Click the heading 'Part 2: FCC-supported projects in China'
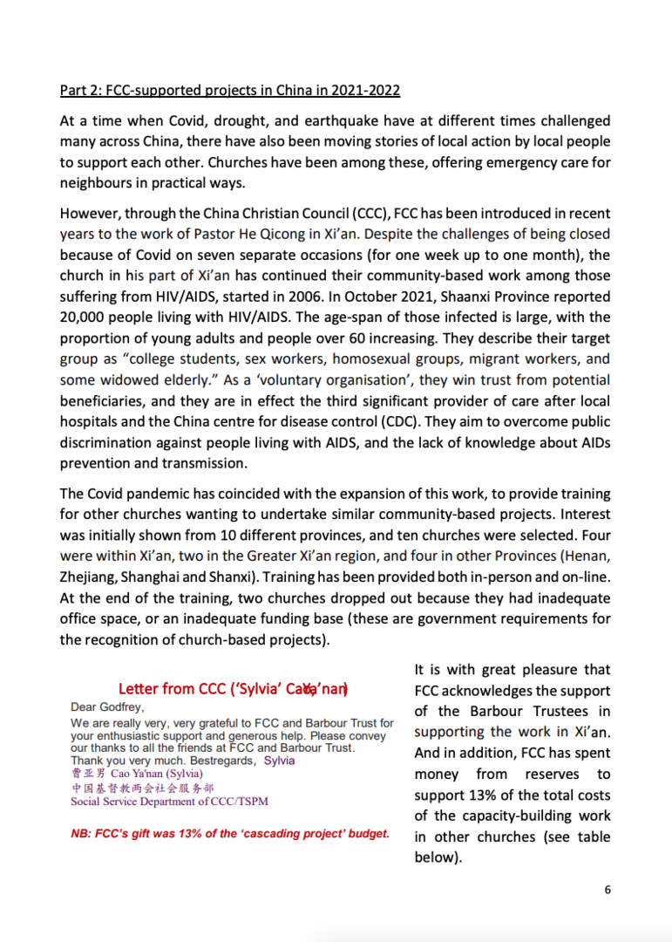[230, 91]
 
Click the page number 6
[608, 890]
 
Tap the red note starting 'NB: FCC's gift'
[230, 834]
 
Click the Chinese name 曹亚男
[87, 774]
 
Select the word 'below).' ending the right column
[436, 858]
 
